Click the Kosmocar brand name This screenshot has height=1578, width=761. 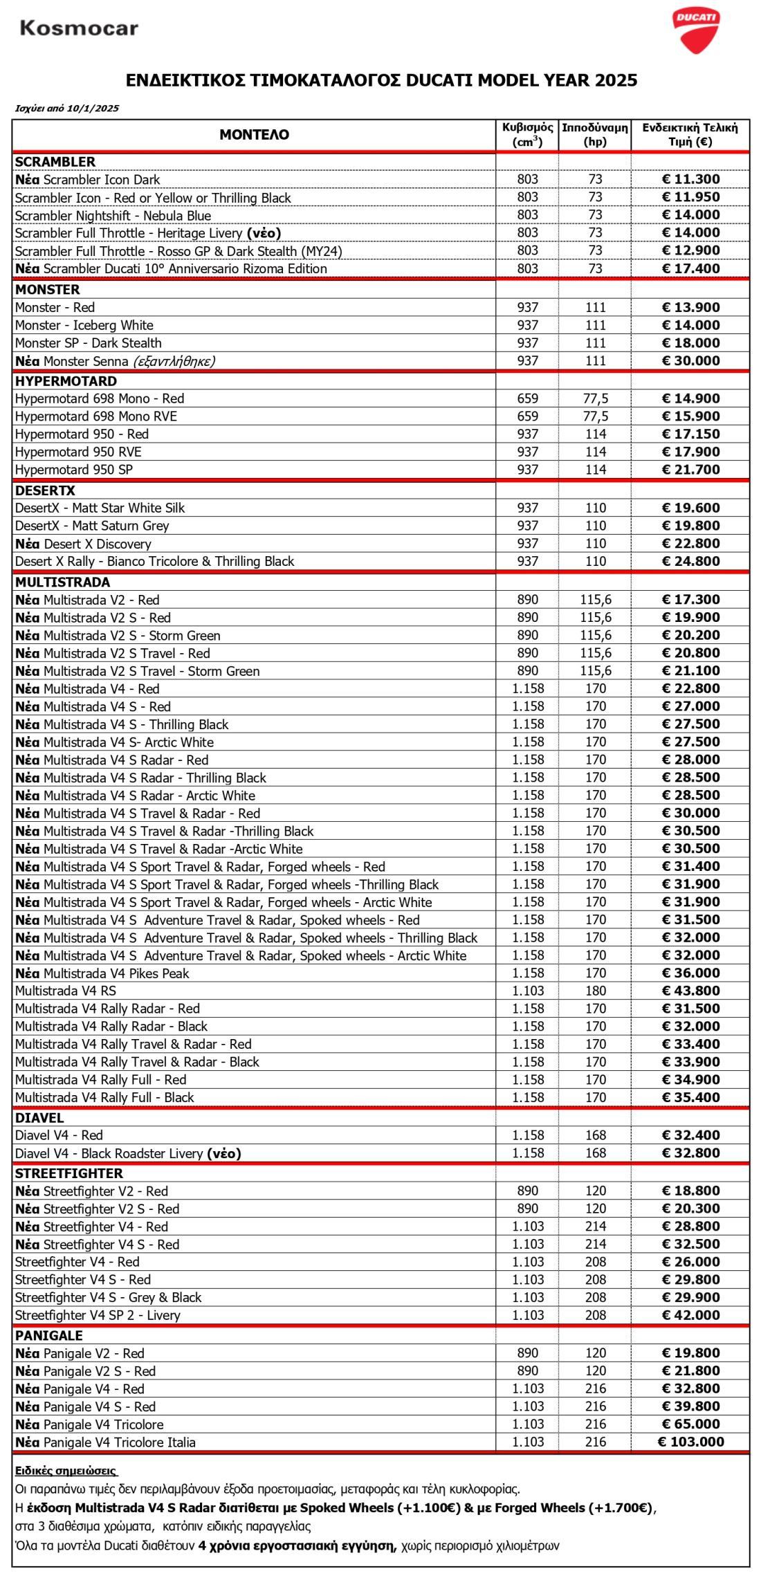click(79, 28)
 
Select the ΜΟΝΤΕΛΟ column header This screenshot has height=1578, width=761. click(254, 135)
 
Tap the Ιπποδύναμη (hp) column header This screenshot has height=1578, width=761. click(595, 135)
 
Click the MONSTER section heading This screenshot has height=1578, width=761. click(48, 289)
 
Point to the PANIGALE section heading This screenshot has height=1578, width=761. click(48, 1336)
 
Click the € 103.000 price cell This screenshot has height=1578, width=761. click(690, 1442)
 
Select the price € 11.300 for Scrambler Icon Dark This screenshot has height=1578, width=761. click(690, 180)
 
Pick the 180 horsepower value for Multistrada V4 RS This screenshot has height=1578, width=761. click(595, 991)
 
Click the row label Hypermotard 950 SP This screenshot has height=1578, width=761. click(74, 470)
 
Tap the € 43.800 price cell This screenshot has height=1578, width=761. click(690, 991)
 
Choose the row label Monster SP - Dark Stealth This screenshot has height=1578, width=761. click(89, 343)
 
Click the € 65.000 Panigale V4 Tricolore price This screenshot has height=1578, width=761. click(690, 1424)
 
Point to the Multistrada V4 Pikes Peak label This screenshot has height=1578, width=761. click(102, 973)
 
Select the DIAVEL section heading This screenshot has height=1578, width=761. click(39, 1118)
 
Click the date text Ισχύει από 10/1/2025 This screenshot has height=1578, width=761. click(67, 108)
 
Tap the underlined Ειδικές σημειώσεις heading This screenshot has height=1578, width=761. click(66, 1471)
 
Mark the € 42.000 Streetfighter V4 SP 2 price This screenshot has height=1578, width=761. click(690, 1315)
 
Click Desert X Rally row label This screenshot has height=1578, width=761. click(154, 562)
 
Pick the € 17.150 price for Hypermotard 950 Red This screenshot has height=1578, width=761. click(690, 434)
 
